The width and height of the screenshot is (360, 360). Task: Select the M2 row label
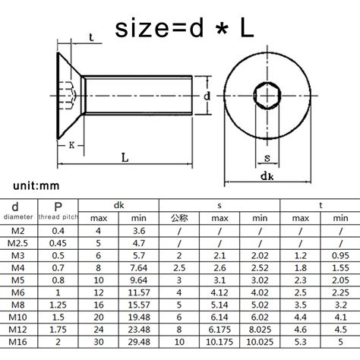pyautogui.click(x=18, y=230)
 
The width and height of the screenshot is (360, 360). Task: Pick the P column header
pyautogui.click(x=58, y=205)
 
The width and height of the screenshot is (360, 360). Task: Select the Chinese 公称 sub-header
pyautogui.click(x=178, y=218)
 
